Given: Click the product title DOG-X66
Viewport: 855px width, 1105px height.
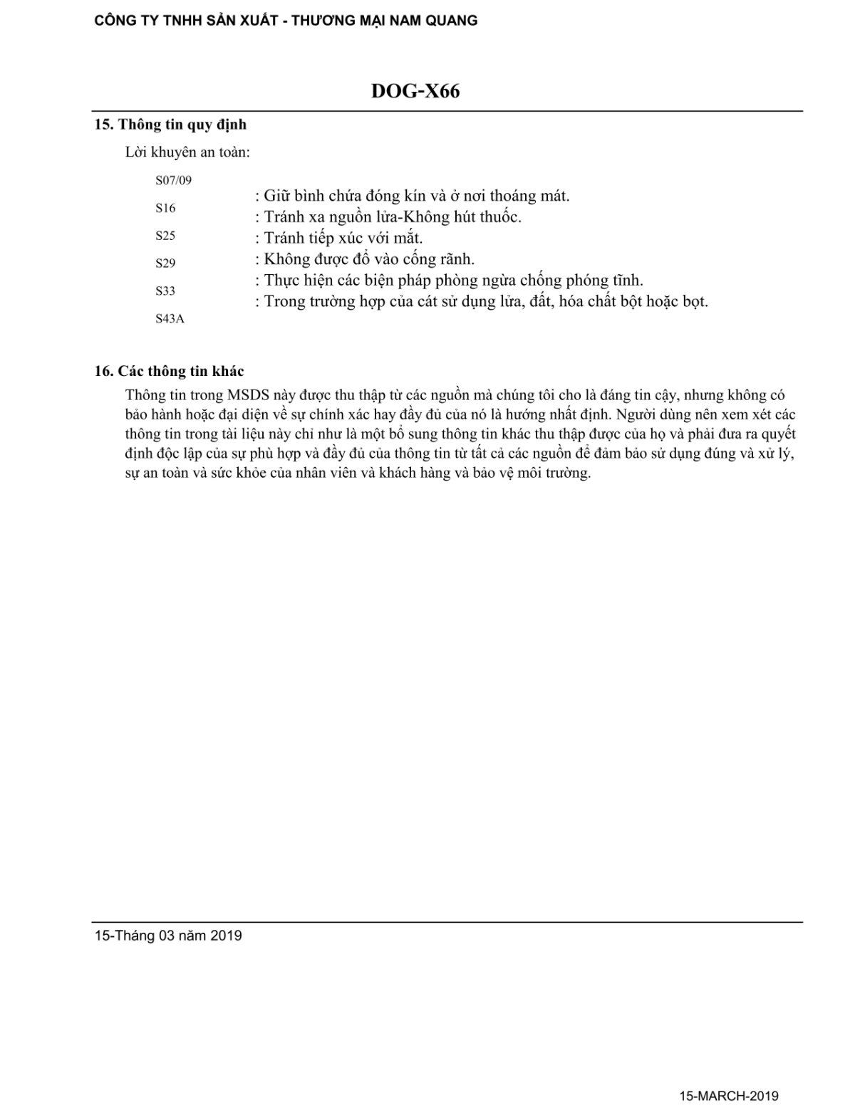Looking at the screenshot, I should coord(415,92).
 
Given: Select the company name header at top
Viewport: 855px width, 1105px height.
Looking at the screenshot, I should coord(286,21).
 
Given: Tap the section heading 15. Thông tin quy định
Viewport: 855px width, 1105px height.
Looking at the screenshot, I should coord(171,125).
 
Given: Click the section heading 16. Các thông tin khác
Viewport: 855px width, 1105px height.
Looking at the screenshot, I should coord(170,371).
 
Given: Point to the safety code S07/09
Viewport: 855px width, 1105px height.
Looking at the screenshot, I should coord(173,180).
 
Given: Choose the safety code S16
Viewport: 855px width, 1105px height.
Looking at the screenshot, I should coord(165,208).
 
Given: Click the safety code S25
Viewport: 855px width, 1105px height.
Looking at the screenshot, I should coord(165,236).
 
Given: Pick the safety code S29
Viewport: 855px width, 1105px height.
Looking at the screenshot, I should coord(165,263).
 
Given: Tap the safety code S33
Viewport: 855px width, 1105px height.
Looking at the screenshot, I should coord(165,290).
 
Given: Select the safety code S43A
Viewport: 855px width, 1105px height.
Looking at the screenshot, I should coord(170,319).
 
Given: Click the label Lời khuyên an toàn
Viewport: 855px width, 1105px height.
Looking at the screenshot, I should coord(187,152).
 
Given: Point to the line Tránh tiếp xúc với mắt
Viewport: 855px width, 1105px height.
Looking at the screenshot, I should coord(339,238).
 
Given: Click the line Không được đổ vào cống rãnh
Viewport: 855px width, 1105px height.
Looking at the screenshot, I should coord(365,259).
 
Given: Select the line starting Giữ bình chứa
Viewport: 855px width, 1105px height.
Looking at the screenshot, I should coord(413,196).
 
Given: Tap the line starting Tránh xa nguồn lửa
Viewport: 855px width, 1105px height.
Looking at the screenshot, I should coord(388,216).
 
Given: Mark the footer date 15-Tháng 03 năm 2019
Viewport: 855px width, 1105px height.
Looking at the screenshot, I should coord(168,936).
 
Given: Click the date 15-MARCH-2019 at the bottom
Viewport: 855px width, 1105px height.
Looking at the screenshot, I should coord(729,1096).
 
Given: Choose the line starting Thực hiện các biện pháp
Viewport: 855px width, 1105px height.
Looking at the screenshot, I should coord(450,281).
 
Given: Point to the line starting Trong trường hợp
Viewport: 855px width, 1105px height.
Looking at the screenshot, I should coord(482,301).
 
